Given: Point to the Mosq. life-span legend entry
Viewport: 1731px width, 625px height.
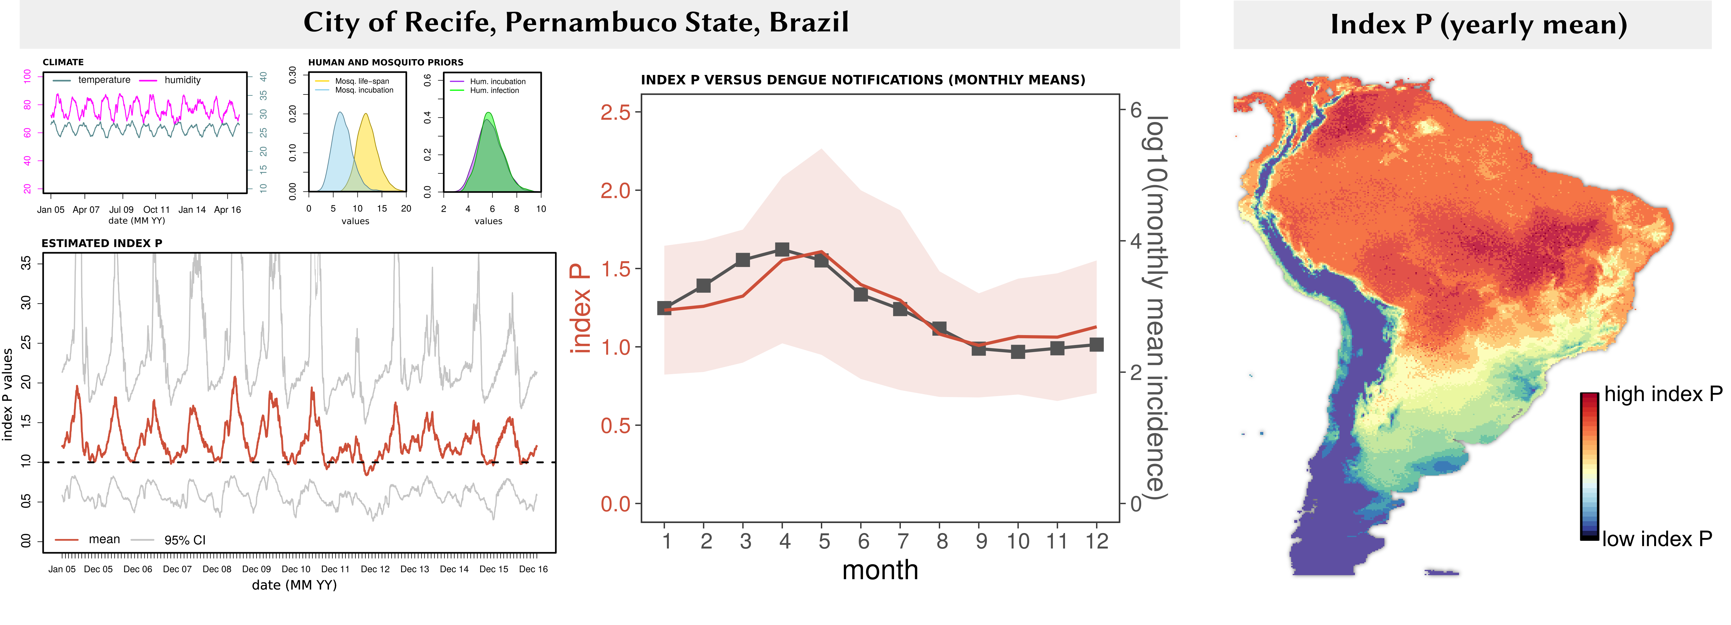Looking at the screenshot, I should click(362, 81).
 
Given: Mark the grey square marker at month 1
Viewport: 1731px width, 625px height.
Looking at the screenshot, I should click(664, 308).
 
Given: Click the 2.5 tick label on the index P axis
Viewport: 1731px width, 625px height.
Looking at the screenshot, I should click(616, 112).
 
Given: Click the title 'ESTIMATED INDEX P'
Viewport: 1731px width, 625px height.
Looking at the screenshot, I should click(102, 243).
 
